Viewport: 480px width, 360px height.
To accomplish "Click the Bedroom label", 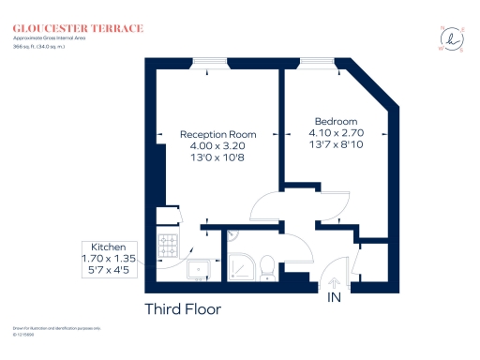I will coord(336,122).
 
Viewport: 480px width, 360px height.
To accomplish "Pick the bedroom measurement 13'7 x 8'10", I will coord(336,147).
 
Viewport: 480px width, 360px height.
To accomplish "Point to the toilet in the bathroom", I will coord(267,267).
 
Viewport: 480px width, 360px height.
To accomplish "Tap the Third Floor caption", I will coord(183,309).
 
